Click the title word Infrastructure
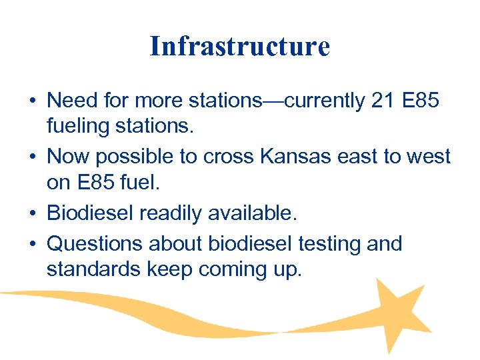tap(240, 47)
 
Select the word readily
tap(179, 214)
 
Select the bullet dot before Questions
tap(32, 245)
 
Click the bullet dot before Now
tap(32, 158)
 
